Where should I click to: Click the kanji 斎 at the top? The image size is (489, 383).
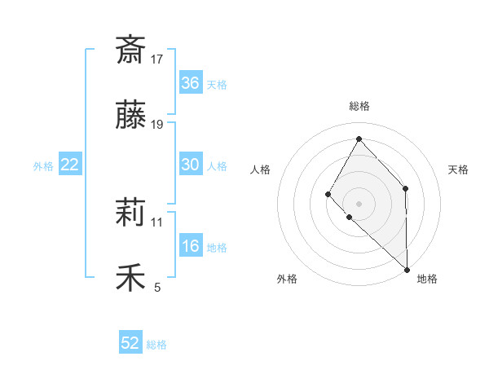tap(130, 50)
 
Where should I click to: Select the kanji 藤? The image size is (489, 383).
tap(130, 116)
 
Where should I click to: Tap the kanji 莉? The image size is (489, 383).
tap(130, 214)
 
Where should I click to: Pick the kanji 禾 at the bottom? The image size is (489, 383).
tap(130, 278)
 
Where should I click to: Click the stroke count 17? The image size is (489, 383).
tap(157, 59)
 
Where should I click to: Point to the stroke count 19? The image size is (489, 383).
tap(157, 125)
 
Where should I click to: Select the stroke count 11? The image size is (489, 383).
tap(157, 222)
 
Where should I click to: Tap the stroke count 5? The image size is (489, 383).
tap(157, 287)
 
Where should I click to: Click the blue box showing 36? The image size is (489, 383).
tap(190, 83)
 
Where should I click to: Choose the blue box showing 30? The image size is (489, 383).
tap(190, 165)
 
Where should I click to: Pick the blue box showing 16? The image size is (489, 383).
tap(190, 246)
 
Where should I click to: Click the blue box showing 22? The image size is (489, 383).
tap(70, 165)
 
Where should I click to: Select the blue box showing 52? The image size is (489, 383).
tap(130, 343)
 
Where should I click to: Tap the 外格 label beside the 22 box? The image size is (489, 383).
tap(43, 166)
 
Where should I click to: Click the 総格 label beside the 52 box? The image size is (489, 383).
tap(156, 345)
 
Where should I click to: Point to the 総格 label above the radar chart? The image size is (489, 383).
tap(359, 106)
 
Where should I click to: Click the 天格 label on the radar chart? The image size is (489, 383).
tap(458, 169)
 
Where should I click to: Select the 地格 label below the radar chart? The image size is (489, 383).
tap(427, 280)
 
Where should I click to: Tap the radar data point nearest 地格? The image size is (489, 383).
tap(407, 268)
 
